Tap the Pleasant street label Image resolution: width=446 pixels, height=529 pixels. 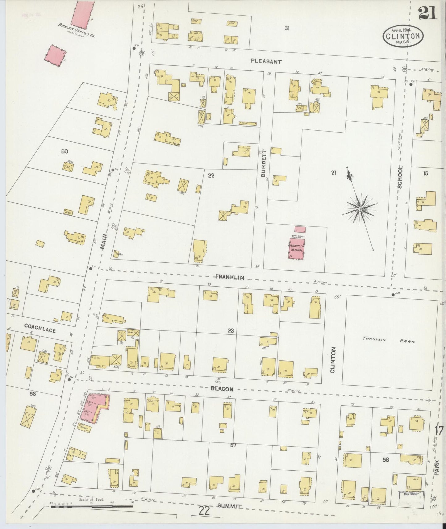coord(266,61)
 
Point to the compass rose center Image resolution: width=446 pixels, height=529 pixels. coord(360,210)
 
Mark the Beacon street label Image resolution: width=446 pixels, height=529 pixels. coord(222,389)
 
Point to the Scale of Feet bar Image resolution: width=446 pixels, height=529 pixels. coord(92,507)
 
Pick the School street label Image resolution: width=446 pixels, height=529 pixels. coord(400,177)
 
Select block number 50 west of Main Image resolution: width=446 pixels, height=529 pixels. coord(65,152)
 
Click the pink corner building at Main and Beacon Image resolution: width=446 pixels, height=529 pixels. coord(94,406)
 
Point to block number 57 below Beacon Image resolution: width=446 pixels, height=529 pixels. coord(233,445)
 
